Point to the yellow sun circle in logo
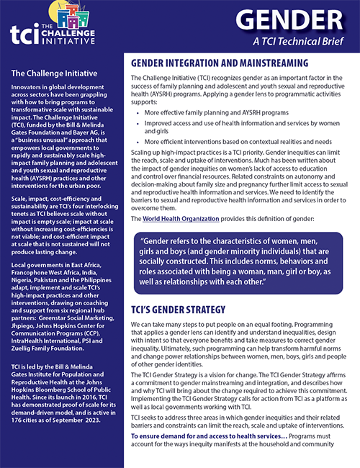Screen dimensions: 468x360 pos(45,10)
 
